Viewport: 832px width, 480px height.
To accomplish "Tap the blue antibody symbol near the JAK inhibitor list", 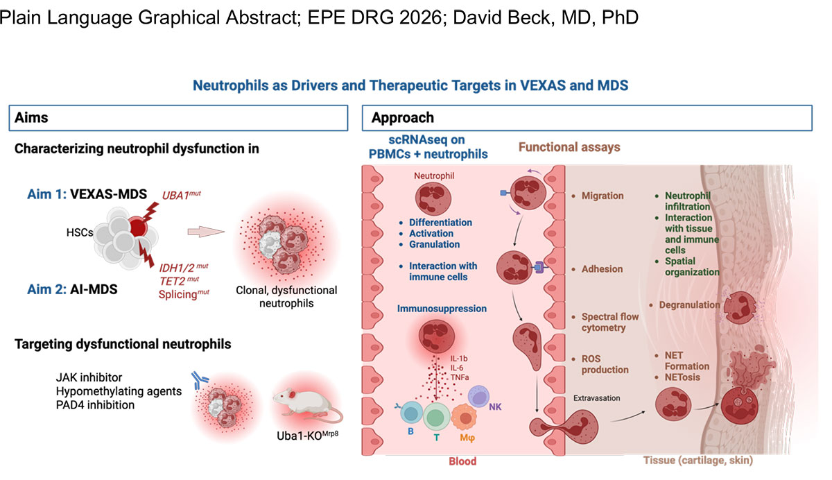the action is coord(200,380).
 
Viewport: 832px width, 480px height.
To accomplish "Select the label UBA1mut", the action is coord(181,195).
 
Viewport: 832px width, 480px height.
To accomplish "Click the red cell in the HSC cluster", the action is coord(137,226).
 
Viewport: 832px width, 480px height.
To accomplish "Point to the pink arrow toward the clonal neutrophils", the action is coord(206,232).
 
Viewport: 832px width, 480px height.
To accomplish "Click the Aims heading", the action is coord(31,118).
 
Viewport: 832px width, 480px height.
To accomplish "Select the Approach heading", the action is coord(403,118).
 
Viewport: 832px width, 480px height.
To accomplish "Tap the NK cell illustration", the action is coord(478,396).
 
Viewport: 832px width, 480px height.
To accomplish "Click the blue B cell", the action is coord(411,413).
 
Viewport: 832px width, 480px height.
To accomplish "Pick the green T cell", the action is coord(436,417).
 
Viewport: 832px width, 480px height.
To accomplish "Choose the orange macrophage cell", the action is coord(464,417).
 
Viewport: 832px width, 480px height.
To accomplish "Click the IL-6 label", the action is coord(456,368).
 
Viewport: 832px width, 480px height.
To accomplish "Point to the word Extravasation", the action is coord(596,398).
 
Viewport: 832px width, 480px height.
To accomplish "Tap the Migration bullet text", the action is coord(602,196).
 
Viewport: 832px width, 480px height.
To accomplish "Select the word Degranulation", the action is coord(689,305).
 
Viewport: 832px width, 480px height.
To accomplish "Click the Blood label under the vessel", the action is coord(462,461).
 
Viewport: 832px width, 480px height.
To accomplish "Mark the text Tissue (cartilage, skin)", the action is coord(698,461).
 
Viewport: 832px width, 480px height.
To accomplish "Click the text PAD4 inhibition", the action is coord(95,405).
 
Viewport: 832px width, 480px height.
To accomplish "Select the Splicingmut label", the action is coord(184,294).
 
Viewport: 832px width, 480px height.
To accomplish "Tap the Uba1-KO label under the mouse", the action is coord(308,436).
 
